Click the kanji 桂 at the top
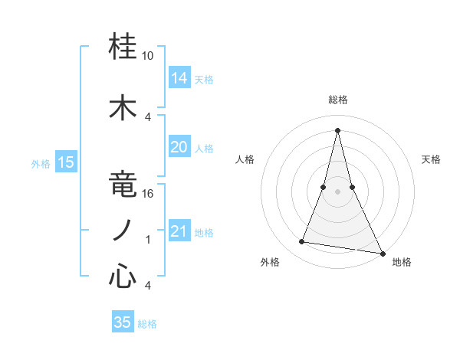pyautogui.click(x=123, y=47)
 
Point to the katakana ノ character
pyautogui.click(x=123, y=231)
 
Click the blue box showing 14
pyautogui.click(x=179, y=78)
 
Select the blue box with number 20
pyautogui.click(x=179, y=147)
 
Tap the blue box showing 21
pyautogui.click(x=179, y=231)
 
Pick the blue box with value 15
pyautogui.click(x=66, y=162)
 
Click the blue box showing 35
pyautogui.click(x=123, y=322)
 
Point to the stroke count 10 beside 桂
pyautogui.click(x=148, y=57)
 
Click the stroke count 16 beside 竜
pyautogui.click(x=148, y=194)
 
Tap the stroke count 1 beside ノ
pyautogui.click(x=148, y=240)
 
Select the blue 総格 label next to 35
pyautogui.click(x=147, y=324)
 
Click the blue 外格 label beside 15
pyautogui.click(x=40, y=163)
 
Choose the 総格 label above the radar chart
pyautogui.click(x=337, y=100)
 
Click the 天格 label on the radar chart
pyautogui.click(x=431, y=159)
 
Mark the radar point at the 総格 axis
pyautogui.click(x=337, y=129)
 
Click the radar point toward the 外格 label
pyautogui.click(x=302, y=242)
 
